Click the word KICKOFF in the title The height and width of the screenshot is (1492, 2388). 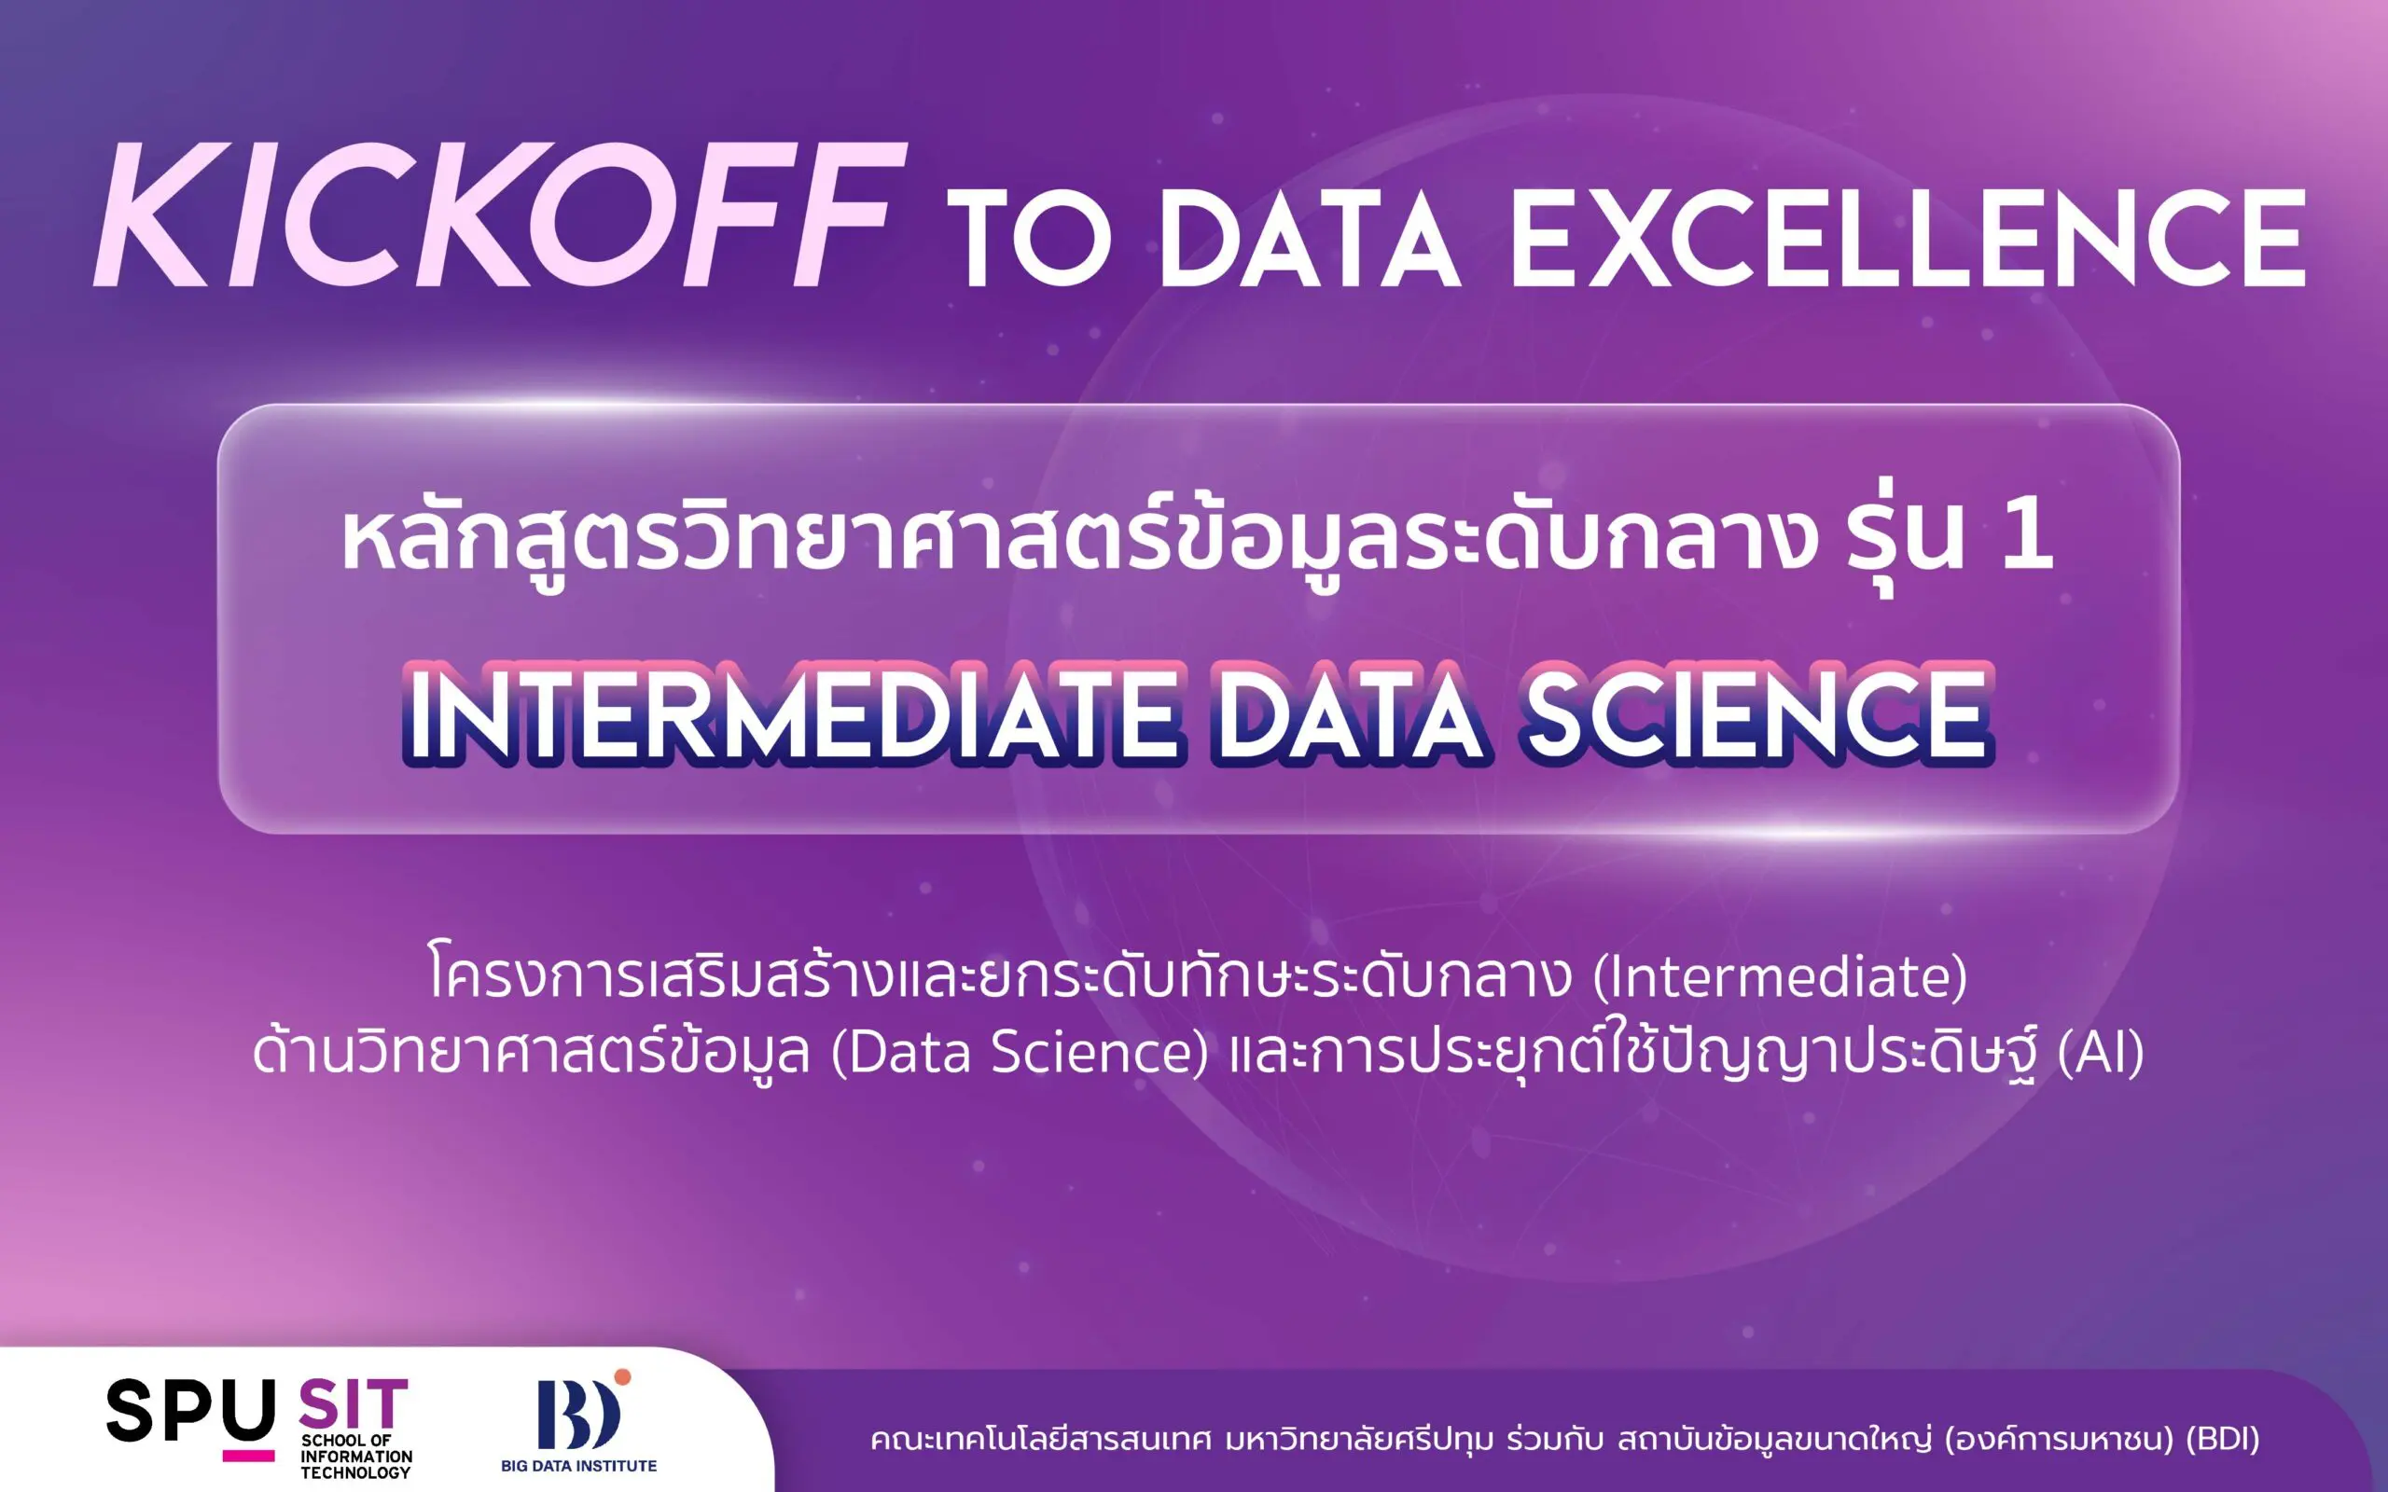498,214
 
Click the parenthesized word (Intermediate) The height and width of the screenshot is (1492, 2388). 1781,977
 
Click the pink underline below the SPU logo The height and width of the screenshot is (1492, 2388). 249,1456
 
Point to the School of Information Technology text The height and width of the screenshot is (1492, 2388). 356,1457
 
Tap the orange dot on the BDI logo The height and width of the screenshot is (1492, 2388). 621,1377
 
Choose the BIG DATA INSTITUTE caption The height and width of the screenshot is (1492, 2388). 578,1465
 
